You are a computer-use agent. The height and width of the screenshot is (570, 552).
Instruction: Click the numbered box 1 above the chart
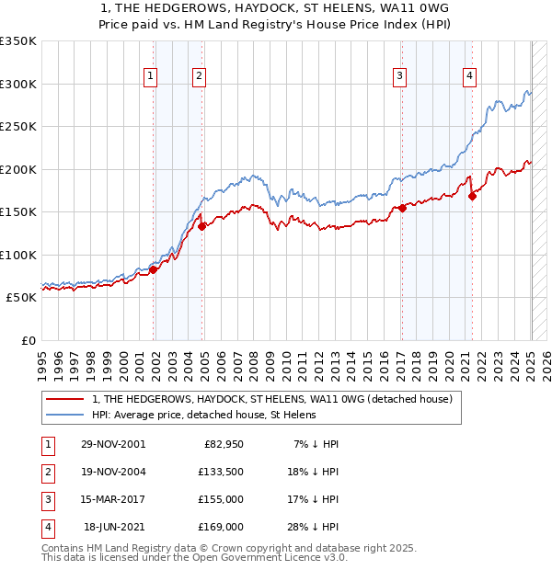[x=150, y=76]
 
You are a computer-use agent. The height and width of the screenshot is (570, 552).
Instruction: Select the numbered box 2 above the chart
[x=199, y=76]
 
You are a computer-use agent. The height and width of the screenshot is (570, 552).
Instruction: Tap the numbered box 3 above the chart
[x=400, y=76]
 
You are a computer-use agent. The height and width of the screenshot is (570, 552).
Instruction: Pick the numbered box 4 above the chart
[x=469, y=76]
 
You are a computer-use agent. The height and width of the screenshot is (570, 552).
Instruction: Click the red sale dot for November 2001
[x=154, y=269]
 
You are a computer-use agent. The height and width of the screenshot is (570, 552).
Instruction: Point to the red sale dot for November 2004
[x=201, y=226]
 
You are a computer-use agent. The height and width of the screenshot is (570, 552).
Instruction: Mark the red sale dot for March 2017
[x=402, y=208]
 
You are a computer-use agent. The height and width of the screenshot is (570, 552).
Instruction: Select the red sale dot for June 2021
[x=472, y=196]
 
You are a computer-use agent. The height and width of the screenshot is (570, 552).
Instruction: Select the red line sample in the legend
[x=64, y=400]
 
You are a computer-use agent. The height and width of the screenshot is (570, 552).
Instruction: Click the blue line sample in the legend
[x=64, y=415]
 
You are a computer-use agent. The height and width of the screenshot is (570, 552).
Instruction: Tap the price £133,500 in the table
[x=222, y=471]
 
